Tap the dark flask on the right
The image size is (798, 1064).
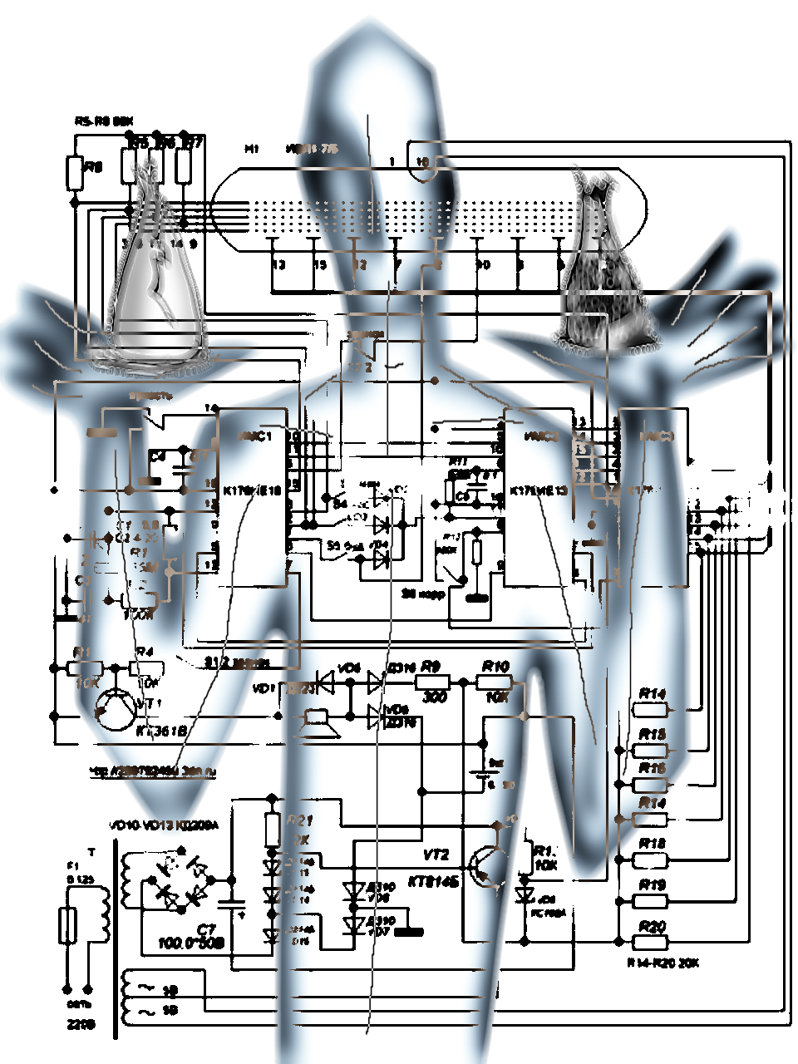click(x=604, y=266)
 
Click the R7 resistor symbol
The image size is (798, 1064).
click(x=184, y=165)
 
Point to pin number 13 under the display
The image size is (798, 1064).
click(x=278, y=264)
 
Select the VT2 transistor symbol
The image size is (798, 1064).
click(x=485, y=866)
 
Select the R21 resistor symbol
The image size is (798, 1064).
click(x=272, y=830)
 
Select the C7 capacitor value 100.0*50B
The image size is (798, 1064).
click(x=192, y=943)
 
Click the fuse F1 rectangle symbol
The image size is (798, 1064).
click(x=68, y=925)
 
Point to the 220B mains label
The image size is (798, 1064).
click(x=81, y=1025)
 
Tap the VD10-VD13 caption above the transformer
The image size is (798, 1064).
click(x=164, y=826)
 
